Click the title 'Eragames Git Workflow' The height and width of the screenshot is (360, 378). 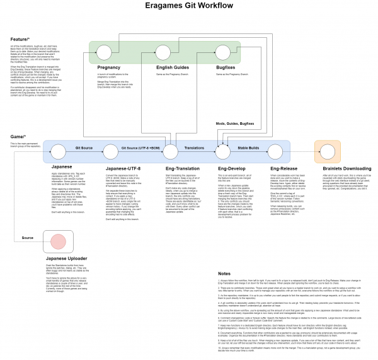pos(189,7)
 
